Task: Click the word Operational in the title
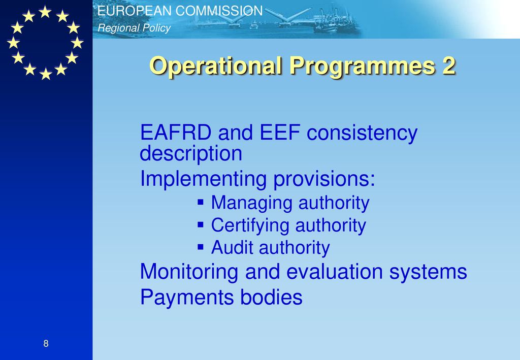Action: [x=215, y=66]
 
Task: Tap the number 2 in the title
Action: [x=448, y=66]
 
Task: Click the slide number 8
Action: [x=46, y=343]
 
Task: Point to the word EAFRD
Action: [x=176, y=132]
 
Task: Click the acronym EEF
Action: [x=280, y=132]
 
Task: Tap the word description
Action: [x=191, y=154]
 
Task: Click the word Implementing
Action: [x=203, y=179]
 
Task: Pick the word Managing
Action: [x=251, y=204]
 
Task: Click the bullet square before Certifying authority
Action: [x=200, y=225]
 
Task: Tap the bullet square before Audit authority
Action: [x=200, y=247]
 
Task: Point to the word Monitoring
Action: [x=189, y=272]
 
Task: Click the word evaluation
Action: [x=334, y=272]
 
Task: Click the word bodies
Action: [x=271, y=297]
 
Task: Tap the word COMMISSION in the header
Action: [x=219, y=11]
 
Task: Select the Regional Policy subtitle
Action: [x=134, y=28]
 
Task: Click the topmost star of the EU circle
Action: [x=45, y=12]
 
